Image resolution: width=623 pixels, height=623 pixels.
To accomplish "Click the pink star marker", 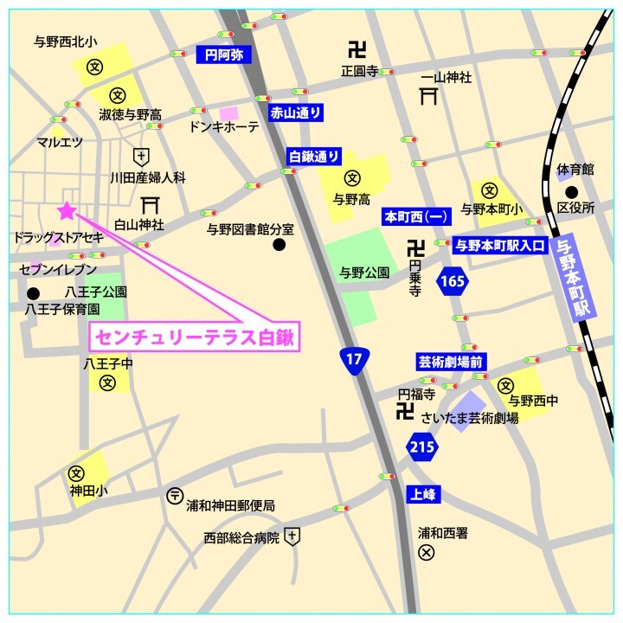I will point(66,210).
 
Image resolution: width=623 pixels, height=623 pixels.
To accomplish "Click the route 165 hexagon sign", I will point(452,280).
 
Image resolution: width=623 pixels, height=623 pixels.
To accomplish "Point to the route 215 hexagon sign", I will point(421,446).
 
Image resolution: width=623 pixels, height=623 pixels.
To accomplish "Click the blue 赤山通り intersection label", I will point(295,112).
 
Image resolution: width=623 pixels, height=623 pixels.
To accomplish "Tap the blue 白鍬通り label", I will point(314,157).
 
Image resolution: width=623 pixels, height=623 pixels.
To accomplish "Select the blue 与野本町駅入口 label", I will point(500,245).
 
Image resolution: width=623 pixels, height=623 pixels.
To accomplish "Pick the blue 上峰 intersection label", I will point(423,494).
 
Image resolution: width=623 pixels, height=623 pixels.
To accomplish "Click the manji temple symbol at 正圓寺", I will point(357,50).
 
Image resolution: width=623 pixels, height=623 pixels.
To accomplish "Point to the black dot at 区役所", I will point(571,192).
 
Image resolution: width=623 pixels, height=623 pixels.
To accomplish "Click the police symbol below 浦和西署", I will point(426,552).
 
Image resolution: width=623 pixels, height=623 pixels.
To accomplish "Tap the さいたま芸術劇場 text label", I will point(470,418).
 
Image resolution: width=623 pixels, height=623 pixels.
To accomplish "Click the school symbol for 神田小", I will point(76,473).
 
